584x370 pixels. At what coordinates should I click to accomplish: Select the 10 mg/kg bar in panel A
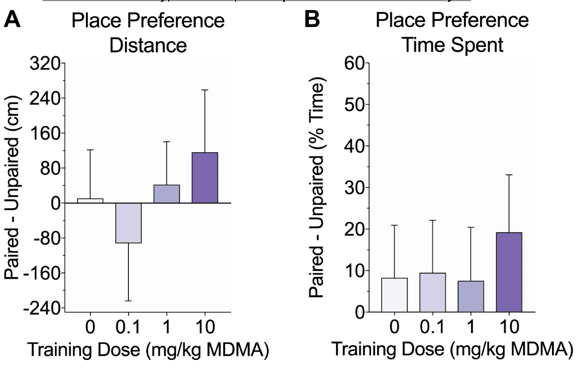pyautogui.click(x=205, y=178)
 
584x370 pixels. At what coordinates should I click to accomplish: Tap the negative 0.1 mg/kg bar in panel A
pyautogui.click(x=128, y=223)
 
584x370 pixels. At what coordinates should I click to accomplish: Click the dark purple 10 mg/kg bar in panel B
pyautogui.click(x=509, y=272)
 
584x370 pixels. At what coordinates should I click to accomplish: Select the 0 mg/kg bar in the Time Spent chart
pyautogui.click(x=394, y=295)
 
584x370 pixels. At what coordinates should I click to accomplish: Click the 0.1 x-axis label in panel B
pyautogui.click(x=432, y=327)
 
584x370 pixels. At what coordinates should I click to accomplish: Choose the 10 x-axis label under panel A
pyautogui.click(x=205, y=327)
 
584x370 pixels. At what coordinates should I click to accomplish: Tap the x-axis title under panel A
pyautogui.click(x=147, y=350)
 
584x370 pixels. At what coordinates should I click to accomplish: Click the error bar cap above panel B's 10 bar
pyautogui.click(x=509, y=175)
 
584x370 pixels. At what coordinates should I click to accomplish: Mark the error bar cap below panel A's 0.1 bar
pyautogui.click(x=128, y=301)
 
